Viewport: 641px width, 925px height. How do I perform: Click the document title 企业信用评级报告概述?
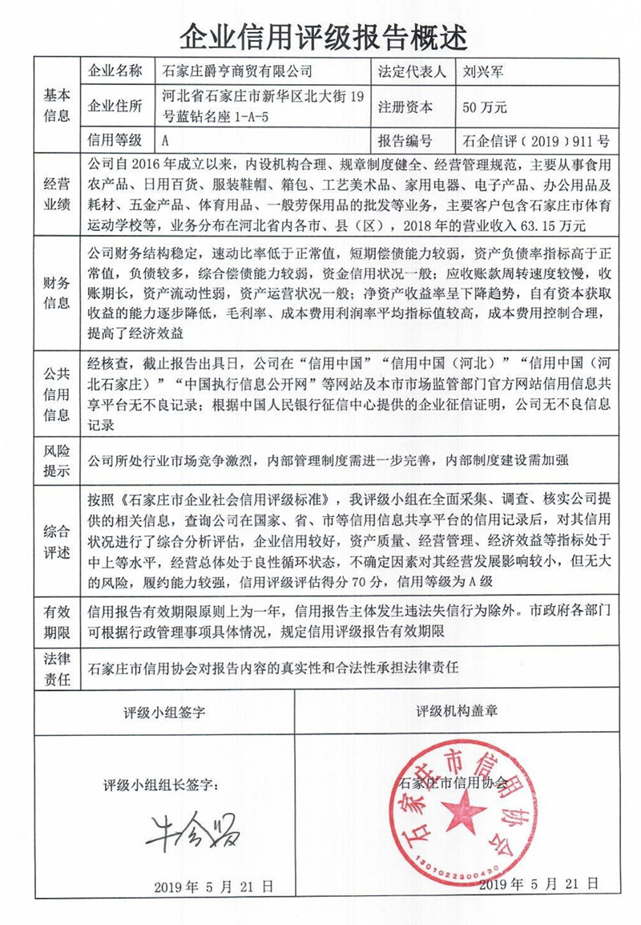320,33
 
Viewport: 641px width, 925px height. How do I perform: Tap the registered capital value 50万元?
485,106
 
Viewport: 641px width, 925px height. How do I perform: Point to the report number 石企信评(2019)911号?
536,141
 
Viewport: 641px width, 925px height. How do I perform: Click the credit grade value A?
165,141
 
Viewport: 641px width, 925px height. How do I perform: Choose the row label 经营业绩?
57,194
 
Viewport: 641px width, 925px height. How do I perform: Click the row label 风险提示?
57,461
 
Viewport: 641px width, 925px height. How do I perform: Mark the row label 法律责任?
57,669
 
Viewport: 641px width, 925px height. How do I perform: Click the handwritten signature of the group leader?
193,834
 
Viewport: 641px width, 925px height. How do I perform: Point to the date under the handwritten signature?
214,886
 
